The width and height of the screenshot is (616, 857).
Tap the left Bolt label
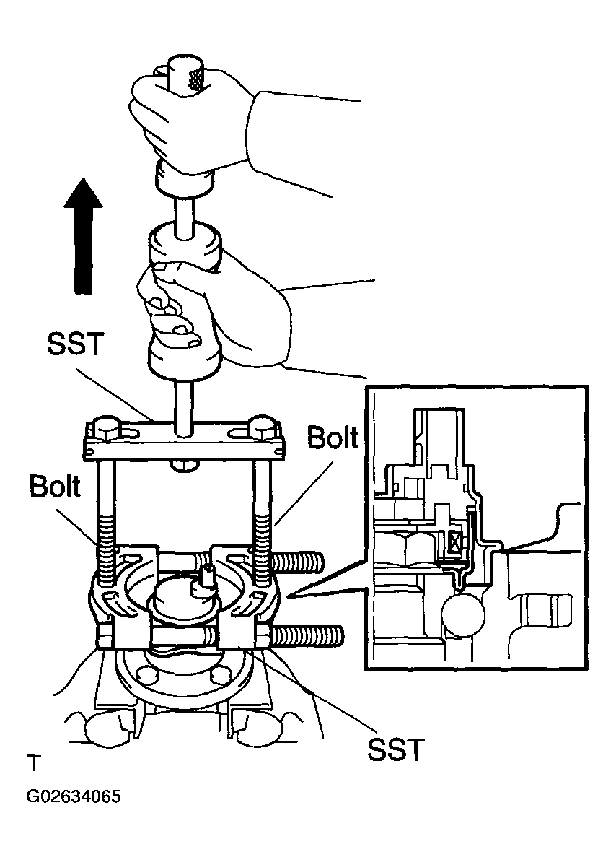56,486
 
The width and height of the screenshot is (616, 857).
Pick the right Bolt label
331,438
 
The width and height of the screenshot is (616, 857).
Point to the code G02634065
73,798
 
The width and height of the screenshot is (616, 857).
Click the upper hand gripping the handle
180,123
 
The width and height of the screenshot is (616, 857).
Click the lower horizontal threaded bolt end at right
310,637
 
